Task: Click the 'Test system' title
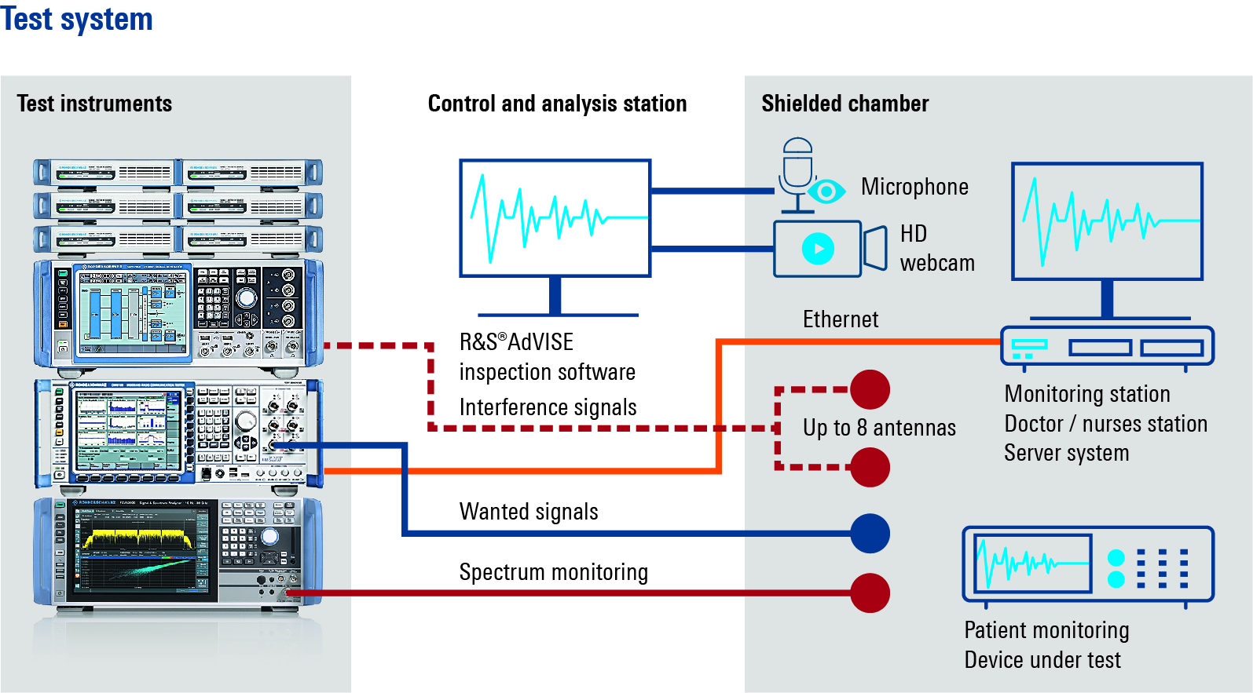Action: point(77,19)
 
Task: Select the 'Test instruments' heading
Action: point(94,104)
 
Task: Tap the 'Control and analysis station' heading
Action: point(557,104)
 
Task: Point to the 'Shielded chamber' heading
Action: point(844,104)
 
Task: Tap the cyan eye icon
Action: point(826,191)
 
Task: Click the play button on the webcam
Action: point(818,249)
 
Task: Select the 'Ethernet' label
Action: point(840,319)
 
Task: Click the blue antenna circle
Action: point(870,534)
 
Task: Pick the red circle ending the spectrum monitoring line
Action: point(870,593)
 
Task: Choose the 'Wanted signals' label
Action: point(529,512)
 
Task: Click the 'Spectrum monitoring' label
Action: point(554,572)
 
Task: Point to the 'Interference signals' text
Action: point(548,407)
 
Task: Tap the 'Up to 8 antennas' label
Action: point(879,428)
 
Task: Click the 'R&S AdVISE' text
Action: point(516,342)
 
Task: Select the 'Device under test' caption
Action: point(1042,660)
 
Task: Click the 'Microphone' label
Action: point(914,187)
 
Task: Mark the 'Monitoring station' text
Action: point(1087,394)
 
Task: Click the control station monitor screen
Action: point(555,218)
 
